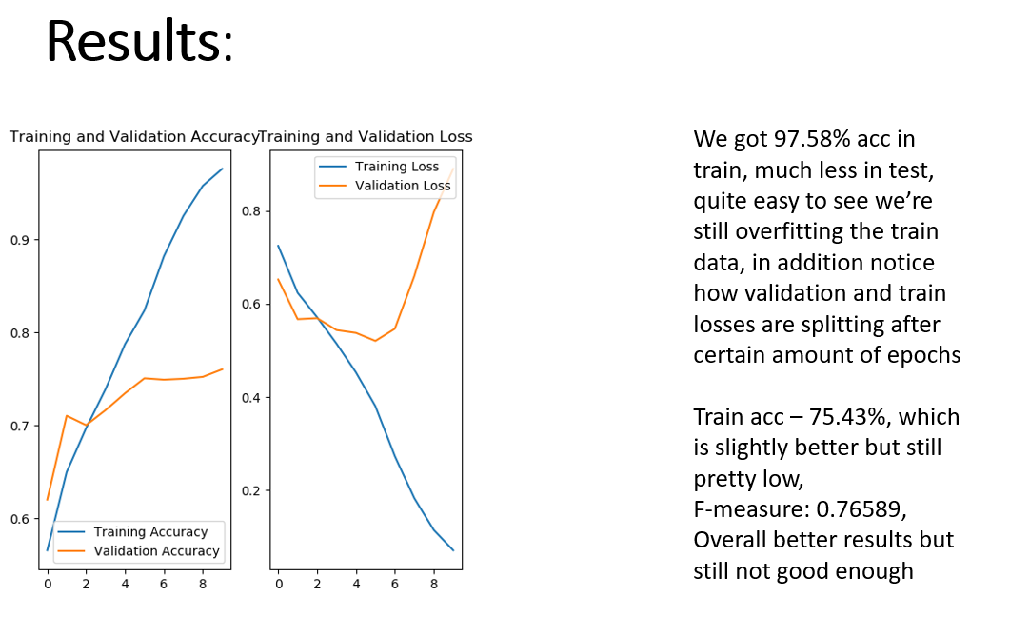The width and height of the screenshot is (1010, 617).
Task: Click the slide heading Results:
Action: pyautogui.click(x=139, y=41)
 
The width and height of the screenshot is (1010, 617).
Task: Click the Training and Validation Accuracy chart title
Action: pyautogui.click(x=134, y=137)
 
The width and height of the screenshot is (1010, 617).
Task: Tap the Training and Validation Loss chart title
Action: pyautogui.click(x=366, y=137)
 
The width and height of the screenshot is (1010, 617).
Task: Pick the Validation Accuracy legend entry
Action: pyautogui.click(x=157, y=551)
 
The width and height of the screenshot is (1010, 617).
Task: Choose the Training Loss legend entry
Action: pyautogui.click(x=397, y=167)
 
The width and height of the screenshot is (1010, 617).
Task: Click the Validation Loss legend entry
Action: pyautogui.click(x=403, y=186)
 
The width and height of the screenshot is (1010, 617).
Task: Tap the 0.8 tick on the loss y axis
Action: pyautogui.click(x=252, y=211)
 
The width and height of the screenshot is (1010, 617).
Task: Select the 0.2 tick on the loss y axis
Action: pyautogui.click(x=252, y=491)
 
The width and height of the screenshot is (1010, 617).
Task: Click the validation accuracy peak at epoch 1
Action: pyautogui.click(x=67, y=416)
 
